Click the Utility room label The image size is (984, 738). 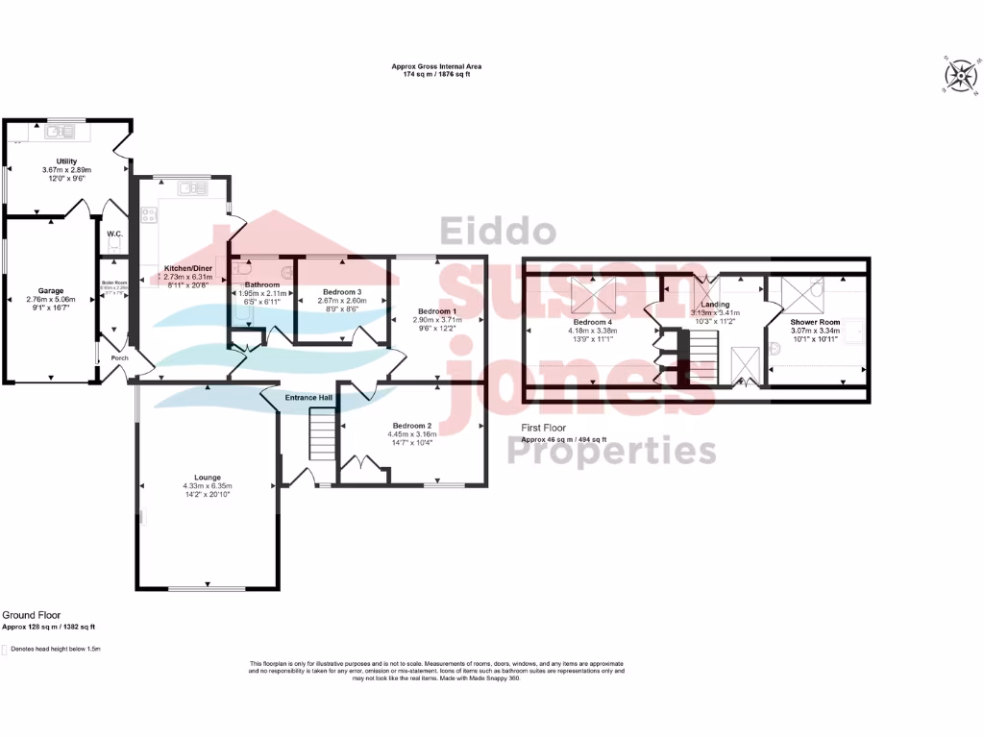pyautogui.click(x=65, y=161)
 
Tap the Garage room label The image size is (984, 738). pyautogui.click(x=51, y=289)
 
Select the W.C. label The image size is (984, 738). pyautogui.click(x=113, y=234)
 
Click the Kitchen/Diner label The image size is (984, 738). pyautogui.click(x=188, y=268)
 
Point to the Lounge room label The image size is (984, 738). pyautogui.click(x=207, y=478)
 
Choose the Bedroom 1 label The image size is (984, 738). pyautogui.click(x=437, y=311)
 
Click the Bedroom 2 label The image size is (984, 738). pyautogui.click(x=411, y=425)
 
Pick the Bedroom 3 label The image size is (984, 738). pyautogui.click(x=341, y=292)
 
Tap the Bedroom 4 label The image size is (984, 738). pyautogui.click(x=592, y=322)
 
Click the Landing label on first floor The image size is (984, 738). pyautogui.click(x=716, y=305)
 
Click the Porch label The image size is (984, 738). pyautogui.click(x=119, y=358)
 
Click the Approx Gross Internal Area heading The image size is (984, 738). pyautogui.click(x=436, y=66)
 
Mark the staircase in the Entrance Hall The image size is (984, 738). pyautogui.click(x=321, y=433)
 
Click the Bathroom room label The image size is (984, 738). pyautogui.click(x=261, y=285)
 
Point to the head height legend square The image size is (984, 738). pyautogui.click(x=5, y=650)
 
